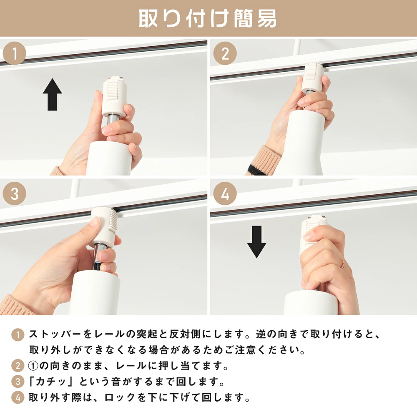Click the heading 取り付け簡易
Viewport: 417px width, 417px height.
click(x=207, y=18)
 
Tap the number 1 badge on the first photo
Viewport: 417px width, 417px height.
click(x=15, y=53)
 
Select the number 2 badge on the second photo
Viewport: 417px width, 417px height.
click(x=225, y=53)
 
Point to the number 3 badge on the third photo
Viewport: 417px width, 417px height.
click(x=15, y=193)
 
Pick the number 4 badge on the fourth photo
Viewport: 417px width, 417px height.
click(x=225, y=193)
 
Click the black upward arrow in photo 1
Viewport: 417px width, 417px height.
click(x=53, y=94)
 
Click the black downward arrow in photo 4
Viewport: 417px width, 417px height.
click(x=256, y=242)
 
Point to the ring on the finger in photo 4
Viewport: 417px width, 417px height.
click(x=342, y=265)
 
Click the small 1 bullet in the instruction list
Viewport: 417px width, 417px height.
click(x=18, y=334)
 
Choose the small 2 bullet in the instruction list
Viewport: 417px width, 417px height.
click(x=18, y=366)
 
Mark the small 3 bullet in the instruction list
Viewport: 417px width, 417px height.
click(x=18, y=382)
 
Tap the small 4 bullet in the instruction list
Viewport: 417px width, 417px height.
click(x=18, y=397)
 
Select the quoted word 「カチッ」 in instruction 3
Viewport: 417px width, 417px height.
click(x=50, y=382)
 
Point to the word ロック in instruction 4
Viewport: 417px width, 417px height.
click(x=120, y=397)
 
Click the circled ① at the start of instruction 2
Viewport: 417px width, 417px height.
click(x=33, y=366)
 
